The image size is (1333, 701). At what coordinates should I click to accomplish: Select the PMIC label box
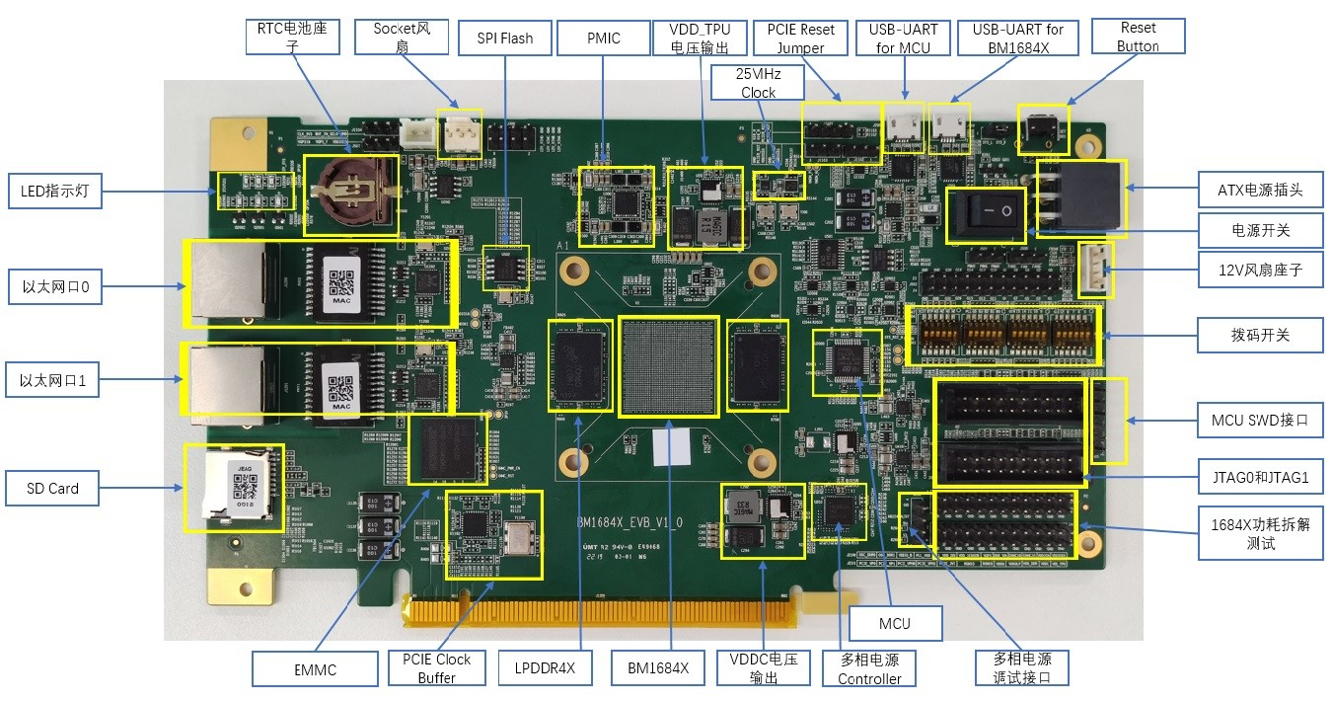603,39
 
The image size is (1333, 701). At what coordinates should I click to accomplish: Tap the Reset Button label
1138,37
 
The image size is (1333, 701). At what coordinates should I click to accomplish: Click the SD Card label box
53,489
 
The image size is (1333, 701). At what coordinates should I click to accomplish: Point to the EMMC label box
315,669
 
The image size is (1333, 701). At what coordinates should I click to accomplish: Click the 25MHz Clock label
758,83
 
